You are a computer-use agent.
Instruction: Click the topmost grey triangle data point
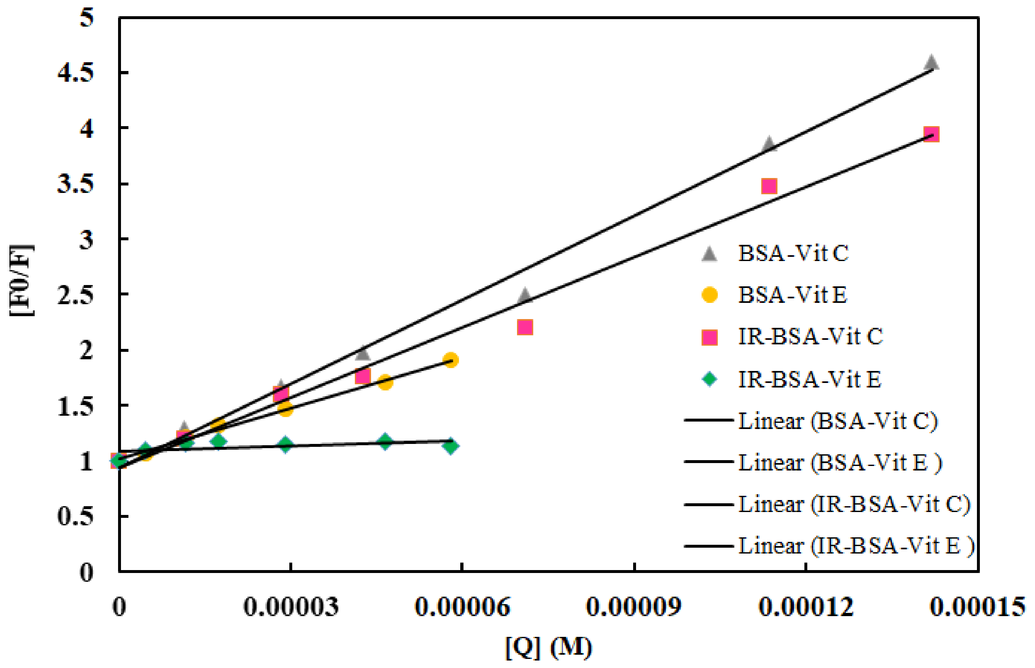click(x=931, y=63)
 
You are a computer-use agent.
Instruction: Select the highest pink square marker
click(x=931, y=134)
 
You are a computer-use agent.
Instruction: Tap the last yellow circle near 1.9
click(x=451, y=360)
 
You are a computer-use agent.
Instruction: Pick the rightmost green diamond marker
click(x=451, y=446)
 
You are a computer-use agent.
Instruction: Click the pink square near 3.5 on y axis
click(x=769, y=186)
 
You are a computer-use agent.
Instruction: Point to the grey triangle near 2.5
click(x=525, y=296)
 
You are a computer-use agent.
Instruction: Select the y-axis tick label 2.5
click(x=76, y=295)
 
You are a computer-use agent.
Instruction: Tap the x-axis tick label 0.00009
click(x=634, y=606)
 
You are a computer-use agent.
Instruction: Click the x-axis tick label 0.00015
click(x=977, y=606)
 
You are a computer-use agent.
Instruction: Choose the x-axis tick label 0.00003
click(x=291, y=606)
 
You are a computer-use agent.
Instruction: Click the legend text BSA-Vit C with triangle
click(x=793, y=253)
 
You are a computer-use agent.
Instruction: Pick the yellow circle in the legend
click(x=709, y=295)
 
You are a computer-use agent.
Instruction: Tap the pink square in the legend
click(x=709, y=337)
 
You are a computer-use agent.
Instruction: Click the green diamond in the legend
click(x=709, y=379)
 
